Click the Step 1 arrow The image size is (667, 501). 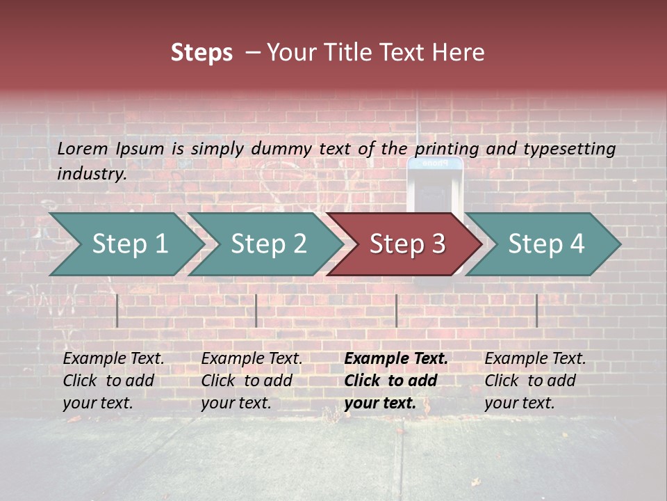click(129, 244)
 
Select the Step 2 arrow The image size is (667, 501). click(268, 244)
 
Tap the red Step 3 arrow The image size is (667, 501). click(407, 244)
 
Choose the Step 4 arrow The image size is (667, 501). click(546, 244)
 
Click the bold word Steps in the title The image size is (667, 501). click(201, 53)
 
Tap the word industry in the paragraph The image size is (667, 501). click(91, 173)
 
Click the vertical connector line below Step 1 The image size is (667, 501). click(117, 310)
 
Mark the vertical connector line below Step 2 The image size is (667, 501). click(256, 310)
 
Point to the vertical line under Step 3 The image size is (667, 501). click(396, 310)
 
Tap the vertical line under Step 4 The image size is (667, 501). click(536, 310)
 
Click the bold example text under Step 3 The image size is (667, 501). click(396, 381)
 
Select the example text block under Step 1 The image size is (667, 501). click(113, 381)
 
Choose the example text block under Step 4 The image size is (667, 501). click(535, 381)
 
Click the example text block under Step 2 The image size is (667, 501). click(252, 381)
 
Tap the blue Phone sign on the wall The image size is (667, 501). click(435, 164)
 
